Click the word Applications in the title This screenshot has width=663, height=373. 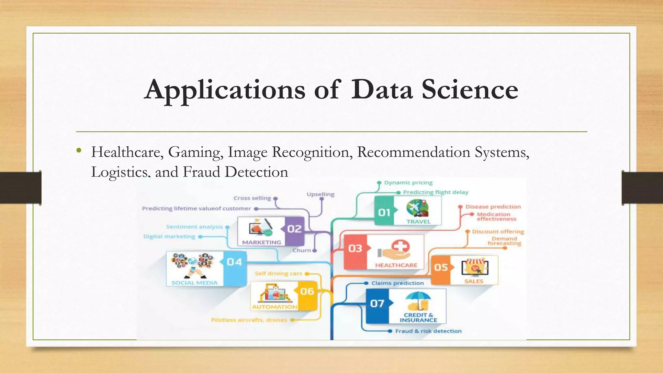[x=225, y=90]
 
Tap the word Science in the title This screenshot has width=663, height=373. [x=470, y=90]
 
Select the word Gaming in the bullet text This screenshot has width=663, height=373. [x=196, y=152]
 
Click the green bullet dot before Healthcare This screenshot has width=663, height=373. [x=79, y=151]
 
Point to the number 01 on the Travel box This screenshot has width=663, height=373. [x=384, y=212]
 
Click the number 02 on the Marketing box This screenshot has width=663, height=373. [x=294, y=229]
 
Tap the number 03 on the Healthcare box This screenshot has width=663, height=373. [x=355, y=248]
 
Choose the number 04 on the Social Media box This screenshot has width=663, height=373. [x=234, y=262]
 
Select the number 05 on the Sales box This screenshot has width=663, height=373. [x=441, y=267]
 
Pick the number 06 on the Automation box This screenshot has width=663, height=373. [x=307, y=291]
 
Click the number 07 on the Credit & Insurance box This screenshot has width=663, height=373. [x=377, y=304]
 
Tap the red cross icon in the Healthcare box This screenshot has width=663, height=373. [x=400, y=247]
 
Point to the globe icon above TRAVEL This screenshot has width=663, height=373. [x=417, y=207]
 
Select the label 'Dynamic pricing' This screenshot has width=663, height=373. [x=408, y=183]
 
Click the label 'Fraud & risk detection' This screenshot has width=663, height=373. [x=428, y=331]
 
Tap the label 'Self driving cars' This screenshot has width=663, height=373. [x=278, y=274]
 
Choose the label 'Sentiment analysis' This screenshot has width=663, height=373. [x=194, y=227]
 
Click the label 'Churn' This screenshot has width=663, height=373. [x=302, y=251]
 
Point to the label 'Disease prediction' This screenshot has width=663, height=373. [x=493, y=207]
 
